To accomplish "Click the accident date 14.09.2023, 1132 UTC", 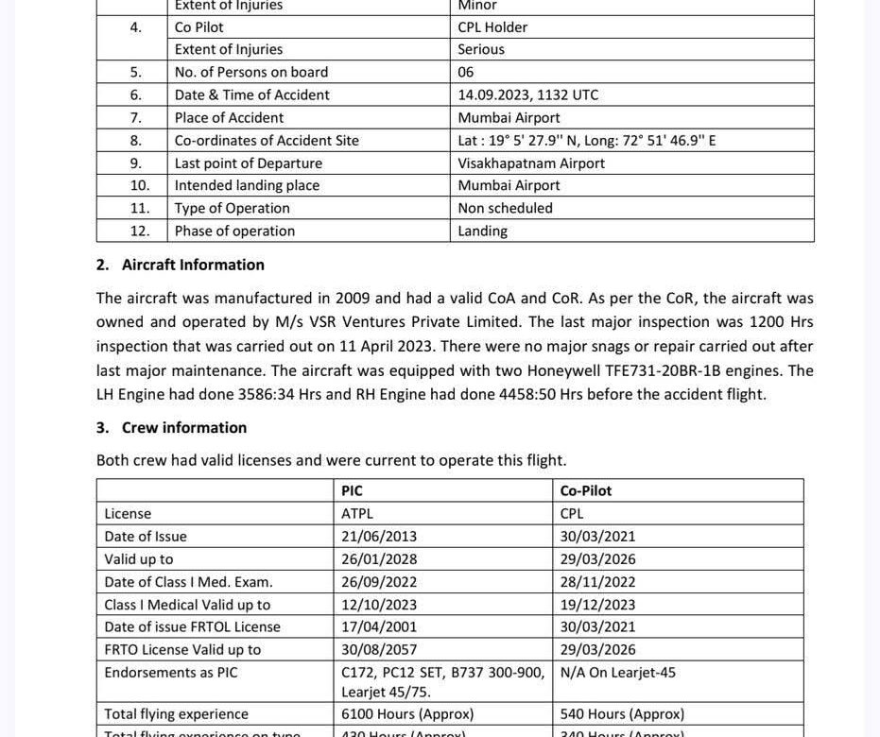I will [x=527, y=94].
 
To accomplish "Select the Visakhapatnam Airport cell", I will [x=531, y=163].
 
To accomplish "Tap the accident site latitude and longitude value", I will [x=586, y=140].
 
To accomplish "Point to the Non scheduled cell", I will [x=505, y=208].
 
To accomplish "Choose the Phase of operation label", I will [x=234, y=231].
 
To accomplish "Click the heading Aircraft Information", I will [x=193, y=265].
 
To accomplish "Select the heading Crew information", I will [x=184, y=427].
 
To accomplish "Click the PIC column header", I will [x=352, y=490].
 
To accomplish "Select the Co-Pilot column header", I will [x=585, y=490].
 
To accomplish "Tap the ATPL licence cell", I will [x=357, y=513].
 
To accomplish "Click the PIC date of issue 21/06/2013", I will [x=379, y=536].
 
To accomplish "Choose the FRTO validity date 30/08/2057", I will [x=379, y=649].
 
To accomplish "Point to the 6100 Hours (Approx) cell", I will [x=407, y=713].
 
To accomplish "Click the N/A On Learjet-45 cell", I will [x=617, y=672].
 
